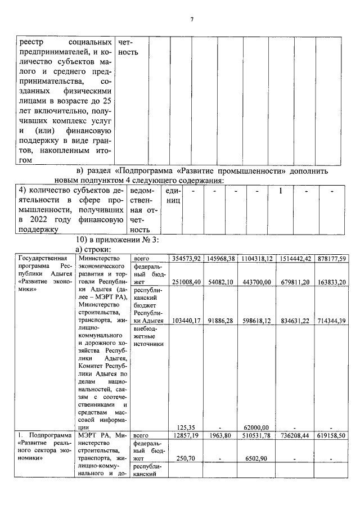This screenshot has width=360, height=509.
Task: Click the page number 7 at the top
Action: pos(191,20)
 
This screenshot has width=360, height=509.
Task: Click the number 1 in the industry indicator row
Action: pos(280,191)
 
